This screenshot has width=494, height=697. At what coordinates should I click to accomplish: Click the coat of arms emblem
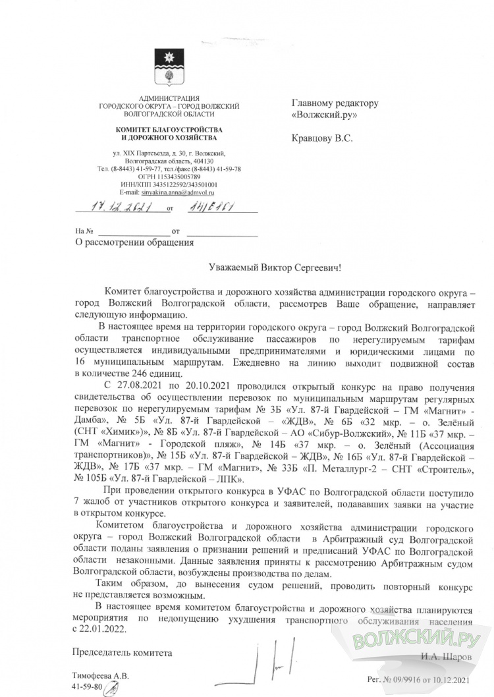pos(168,67)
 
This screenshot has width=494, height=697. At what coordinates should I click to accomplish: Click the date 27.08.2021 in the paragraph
pos(143,385)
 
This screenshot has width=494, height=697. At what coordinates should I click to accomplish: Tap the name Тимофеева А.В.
pos(101,676)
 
